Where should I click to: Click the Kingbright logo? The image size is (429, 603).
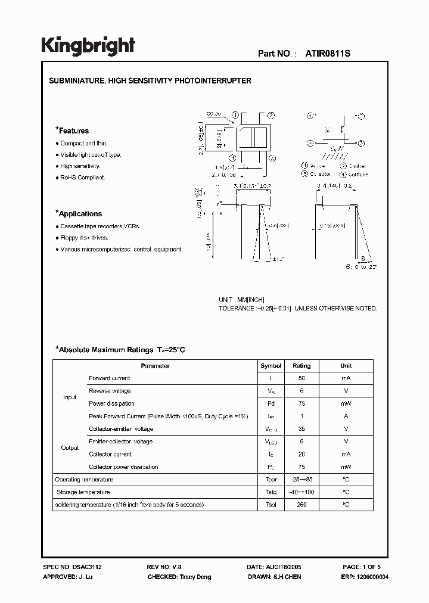click(x=88, y=46)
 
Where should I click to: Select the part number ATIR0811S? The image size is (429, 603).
click(x=328, y=53)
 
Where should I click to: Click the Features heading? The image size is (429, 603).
click(x=72, y=130)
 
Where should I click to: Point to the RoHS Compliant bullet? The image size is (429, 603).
click(x=83, y=178)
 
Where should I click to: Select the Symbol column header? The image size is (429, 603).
click(x=271, y=366)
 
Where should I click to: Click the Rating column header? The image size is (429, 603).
click(x=301, y=366)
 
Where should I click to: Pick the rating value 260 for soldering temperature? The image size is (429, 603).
click(x=301, y=505)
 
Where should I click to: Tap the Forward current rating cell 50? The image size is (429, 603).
click(x=301, y=378)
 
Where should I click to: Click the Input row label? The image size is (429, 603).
click(x=70, y=397)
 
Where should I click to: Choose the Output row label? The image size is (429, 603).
click(x=70, y=448)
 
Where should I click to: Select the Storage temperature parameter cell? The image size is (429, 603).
click(x=83, y=492)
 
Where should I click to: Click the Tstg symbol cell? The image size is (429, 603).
click(x=271, y=492)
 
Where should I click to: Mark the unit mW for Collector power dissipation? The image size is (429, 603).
click(x=346, y=467)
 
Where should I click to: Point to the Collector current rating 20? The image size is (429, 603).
click(x=301, y=454)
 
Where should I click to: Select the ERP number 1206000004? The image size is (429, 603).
click(x=365, y=577)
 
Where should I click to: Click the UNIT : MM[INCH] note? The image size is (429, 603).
click(x=241, y=300)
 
